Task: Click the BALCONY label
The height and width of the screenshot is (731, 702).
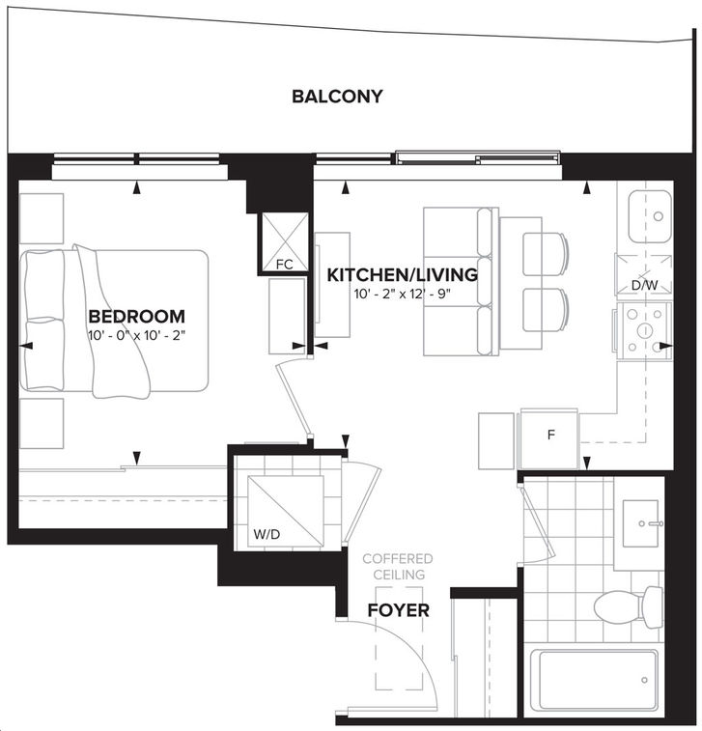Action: click(x=337, y=97)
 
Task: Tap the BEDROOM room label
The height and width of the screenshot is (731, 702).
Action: click(x=136, y=317)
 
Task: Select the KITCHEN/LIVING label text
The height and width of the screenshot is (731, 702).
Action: click(x=403, y=275)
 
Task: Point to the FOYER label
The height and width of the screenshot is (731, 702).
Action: click(x=398, y=610)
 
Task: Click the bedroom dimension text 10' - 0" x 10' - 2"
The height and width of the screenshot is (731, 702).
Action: click(x=136, y=335)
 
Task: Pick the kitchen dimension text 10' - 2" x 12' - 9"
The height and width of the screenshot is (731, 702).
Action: click(x=403, y=295)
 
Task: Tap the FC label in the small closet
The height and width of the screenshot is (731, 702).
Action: click(x=284, y=265)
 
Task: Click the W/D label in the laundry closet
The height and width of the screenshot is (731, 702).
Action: click(x=267, y=534)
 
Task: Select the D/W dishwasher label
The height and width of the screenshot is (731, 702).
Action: click(x=644, y=285)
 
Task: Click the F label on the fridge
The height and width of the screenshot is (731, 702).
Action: click(x=551, y=435)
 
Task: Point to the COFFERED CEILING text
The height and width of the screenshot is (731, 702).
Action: click(x=398, y=567)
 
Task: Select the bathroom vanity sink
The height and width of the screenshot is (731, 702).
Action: click(x=640, y=523)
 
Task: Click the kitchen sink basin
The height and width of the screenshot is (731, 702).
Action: click(x=649, y=216)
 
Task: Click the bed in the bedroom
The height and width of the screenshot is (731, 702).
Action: click(x=114, y=322)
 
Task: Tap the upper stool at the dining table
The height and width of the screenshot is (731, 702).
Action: click(x=546, y=255)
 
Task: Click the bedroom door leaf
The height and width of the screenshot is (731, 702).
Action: click(x=293, y=400)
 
